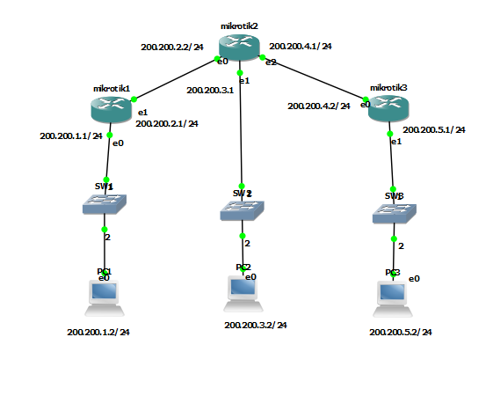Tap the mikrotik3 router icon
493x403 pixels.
[389, 108]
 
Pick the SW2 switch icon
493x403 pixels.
[242, 211]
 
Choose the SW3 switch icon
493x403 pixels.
[394, 213]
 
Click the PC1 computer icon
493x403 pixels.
[105, 297]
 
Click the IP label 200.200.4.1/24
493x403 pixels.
[306, 46]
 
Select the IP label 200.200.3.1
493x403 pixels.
[210, 90]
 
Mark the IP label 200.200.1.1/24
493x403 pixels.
[71, 136]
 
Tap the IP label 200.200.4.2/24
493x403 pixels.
[319, 106]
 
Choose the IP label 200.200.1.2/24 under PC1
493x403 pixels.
[98, 333]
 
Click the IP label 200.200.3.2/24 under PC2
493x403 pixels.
[255, 325]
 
